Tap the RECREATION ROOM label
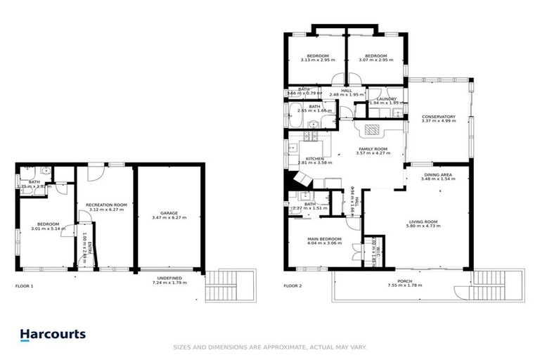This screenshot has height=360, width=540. (106, 205)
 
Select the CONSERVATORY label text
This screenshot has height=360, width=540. (438, 117)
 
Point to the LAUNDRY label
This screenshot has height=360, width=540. (386, 99)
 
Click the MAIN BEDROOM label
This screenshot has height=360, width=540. (324, 239)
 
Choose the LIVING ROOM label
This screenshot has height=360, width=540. (424, 222)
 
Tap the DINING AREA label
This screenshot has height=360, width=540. (437, 175)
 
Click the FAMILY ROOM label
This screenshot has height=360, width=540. (373, 149)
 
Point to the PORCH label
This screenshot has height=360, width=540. (404, 281)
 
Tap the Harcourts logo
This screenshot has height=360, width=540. (53, 335)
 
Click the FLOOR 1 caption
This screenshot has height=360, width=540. (24, 286)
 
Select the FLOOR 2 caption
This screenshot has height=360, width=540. (292, 286)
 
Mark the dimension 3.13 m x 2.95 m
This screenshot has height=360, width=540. (314, 60)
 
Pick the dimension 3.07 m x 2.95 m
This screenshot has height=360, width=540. (375, 60)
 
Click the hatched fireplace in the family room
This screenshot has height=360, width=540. (371, 130)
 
